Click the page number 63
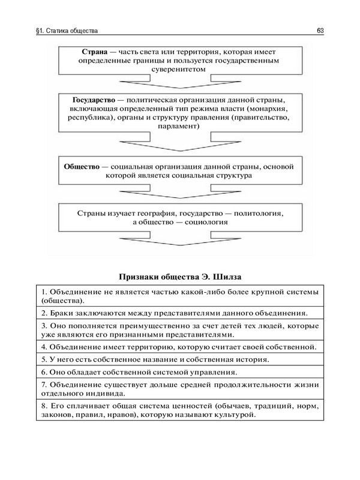click(321, 30)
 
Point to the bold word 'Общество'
click(81, 166)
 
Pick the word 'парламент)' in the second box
click(179, 127)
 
